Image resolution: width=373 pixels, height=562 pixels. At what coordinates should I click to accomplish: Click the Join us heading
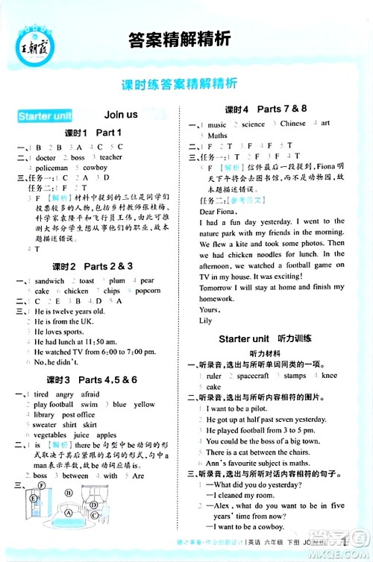click(x=122, y=115)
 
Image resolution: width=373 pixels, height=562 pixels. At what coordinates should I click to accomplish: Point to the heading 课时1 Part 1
click(x=93, y=133)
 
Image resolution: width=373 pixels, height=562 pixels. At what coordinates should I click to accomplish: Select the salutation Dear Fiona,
click(x=218, y=212)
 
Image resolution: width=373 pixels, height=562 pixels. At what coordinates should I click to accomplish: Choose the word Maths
click(x=217, y=136)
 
